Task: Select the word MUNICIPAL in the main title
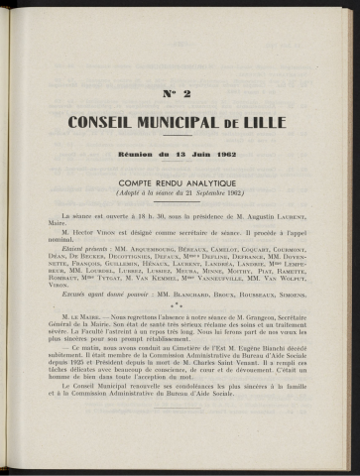[x=198, y=122]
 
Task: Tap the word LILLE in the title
[x=271, y=122]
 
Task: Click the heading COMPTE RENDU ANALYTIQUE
[x=180, y=184]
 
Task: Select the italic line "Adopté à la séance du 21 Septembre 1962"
[x=180, y=195]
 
